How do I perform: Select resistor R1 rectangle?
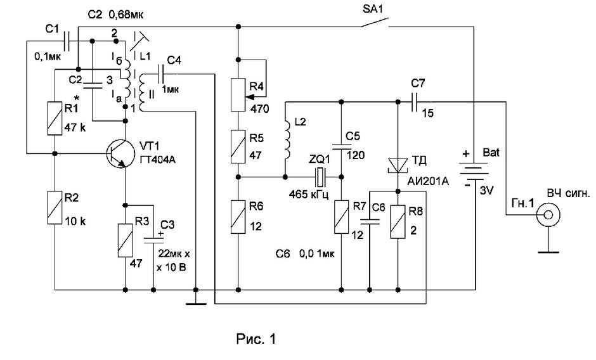(55, 119)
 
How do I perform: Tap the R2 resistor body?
(55, 208)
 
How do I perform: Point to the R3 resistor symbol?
(125, 241)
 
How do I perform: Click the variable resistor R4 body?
(238, 94)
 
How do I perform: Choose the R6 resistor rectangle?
(238, 217)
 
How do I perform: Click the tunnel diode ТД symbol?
(398, 166)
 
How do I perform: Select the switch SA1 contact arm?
(374, 22)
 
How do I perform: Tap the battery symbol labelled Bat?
(474, 171)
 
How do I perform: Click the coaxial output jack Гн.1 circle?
(548, 215)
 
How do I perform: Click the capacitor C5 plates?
(341, 147)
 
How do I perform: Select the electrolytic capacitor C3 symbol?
(153, 240)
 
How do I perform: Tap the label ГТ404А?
(157, 160)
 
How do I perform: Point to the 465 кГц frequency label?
(309, 195)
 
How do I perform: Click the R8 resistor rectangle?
(398, 222)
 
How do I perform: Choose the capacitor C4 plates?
(161, 74)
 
